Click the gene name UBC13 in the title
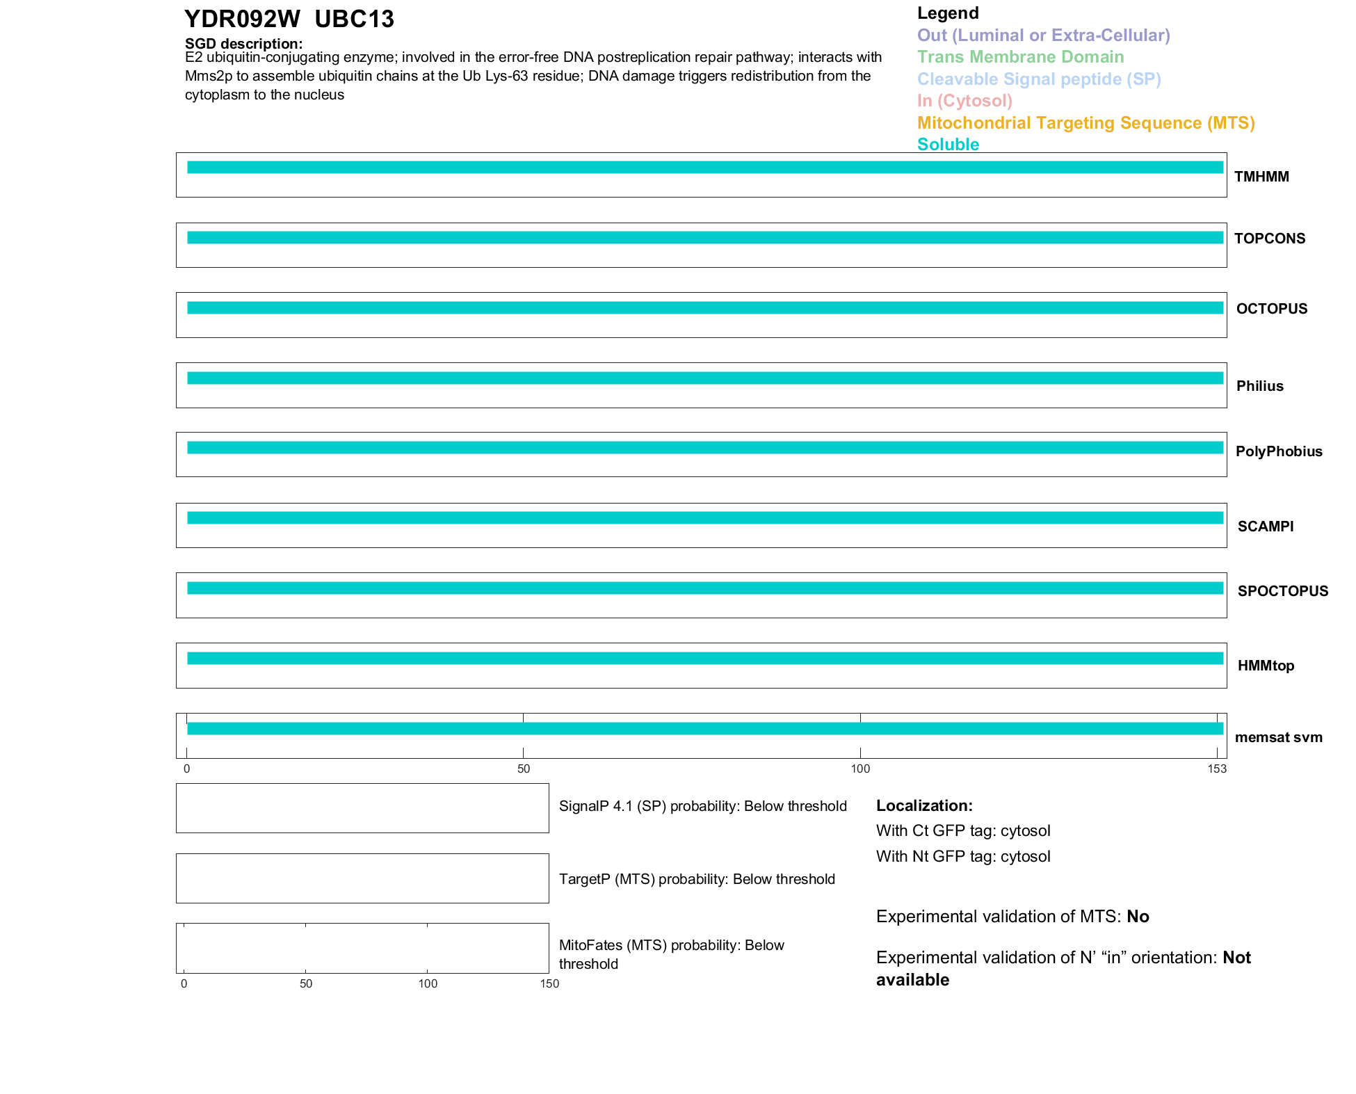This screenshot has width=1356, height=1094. point(354,19)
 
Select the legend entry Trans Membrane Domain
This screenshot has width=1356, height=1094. point(1020,57)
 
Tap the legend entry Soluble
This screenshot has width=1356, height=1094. point(948,145)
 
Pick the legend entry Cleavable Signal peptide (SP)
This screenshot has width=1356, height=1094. point(1039,79)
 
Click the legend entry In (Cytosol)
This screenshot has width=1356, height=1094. point(964,101)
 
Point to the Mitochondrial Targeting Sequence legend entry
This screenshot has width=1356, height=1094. point(1085,123)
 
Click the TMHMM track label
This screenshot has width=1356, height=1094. point(1261,177)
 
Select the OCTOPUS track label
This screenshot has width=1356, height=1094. point(1271,309)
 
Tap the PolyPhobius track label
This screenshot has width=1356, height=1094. point(1278,451)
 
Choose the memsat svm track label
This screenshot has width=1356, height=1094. point(1278,737)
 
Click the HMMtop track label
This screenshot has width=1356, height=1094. point(1266,666)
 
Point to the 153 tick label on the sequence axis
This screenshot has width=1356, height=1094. point(1217,769)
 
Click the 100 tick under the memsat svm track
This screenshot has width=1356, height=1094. point(860,769)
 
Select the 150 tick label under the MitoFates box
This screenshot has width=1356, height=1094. point(549,983)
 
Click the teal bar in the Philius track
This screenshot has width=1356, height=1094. point(704,378)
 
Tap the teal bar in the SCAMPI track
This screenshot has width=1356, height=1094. point(704,518)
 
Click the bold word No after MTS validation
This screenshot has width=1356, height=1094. point(1138,917)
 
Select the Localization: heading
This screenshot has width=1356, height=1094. point(924,805)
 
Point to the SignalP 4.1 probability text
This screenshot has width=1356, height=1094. point(702,806)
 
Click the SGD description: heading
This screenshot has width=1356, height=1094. point(243,44)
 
